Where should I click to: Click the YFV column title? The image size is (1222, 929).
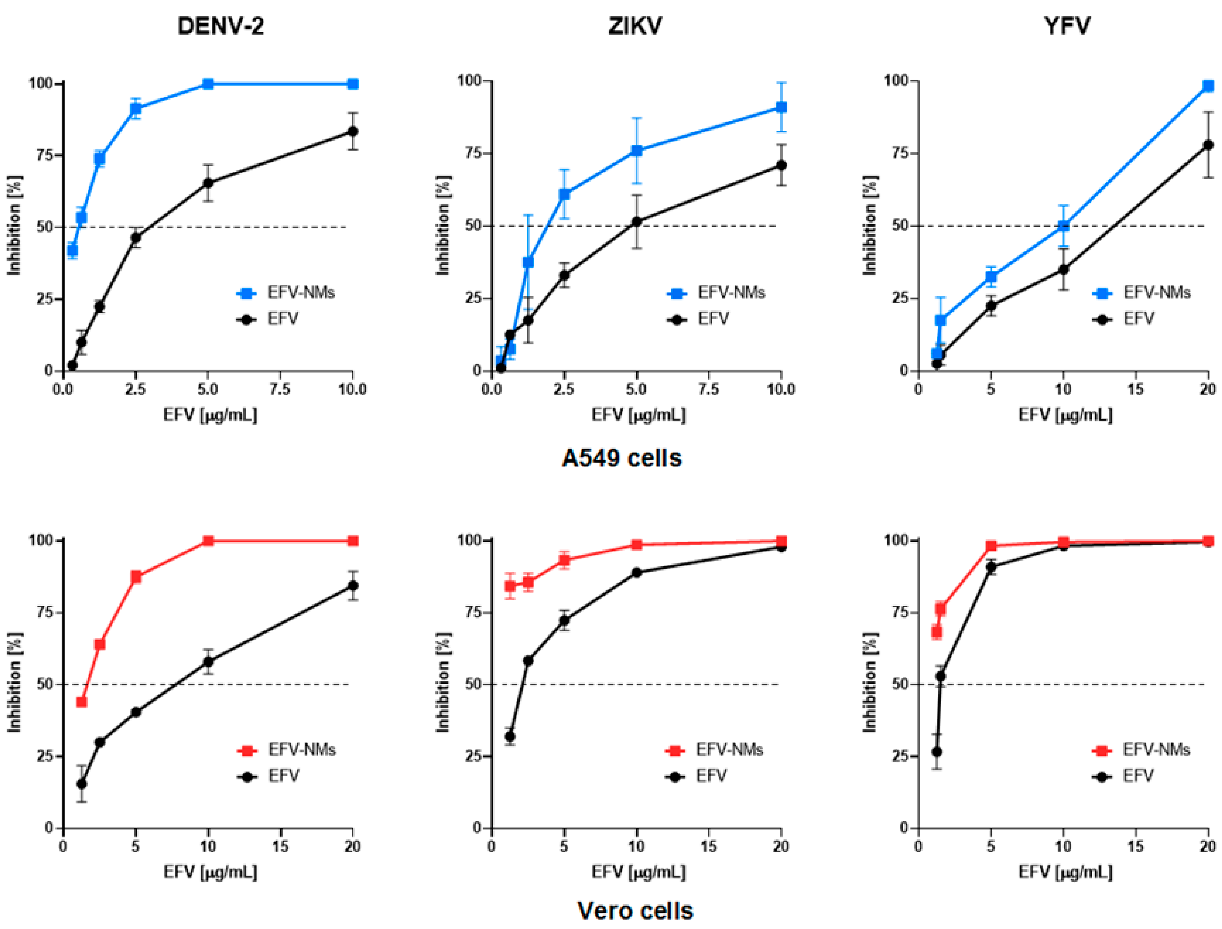(x=1067, y=26)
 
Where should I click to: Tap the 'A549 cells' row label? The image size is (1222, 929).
(x=622, y=458)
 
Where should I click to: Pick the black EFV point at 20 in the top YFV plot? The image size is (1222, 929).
(x=1208, y=145)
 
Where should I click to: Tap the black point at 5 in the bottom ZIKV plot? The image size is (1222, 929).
(x=564, y=620)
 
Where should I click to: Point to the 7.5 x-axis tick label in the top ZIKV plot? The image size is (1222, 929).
(x=709, y=389)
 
